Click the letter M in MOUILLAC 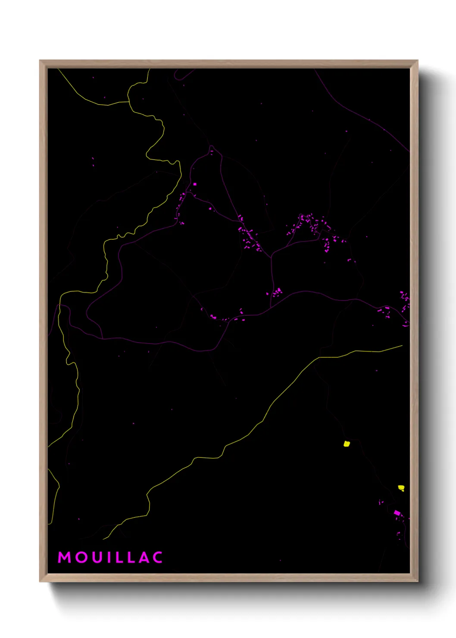(x=65, y=557)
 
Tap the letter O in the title (x=81, y=557)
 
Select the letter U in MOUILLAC (x=97, y=557)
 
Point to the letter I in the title (x=109, y=557)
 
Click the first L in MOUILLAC (x=119, y=557)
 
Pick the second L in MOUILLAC (x=132, y=557)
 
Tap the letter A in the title (x=144, y=557)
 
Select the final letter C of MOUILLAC (x=158, y=557)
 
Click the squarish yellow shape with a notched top (x=347, y=443)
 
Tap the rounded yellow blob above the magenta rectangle (x=401, y=488)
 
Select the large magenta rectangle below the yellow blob (x=397, y=513)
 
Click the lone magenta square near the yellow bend (x=195, y=184)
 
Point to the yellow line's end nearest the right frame (x=402, y=345)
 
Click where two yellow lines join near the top (x=128, y=102)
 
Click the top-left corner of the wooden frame (x=40, y=61)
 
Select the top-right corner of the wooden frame (x=418, y=61)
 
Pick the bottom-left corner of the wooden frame (x=40, y=582)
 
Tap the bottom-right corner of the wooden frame (x=418, y=582)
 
